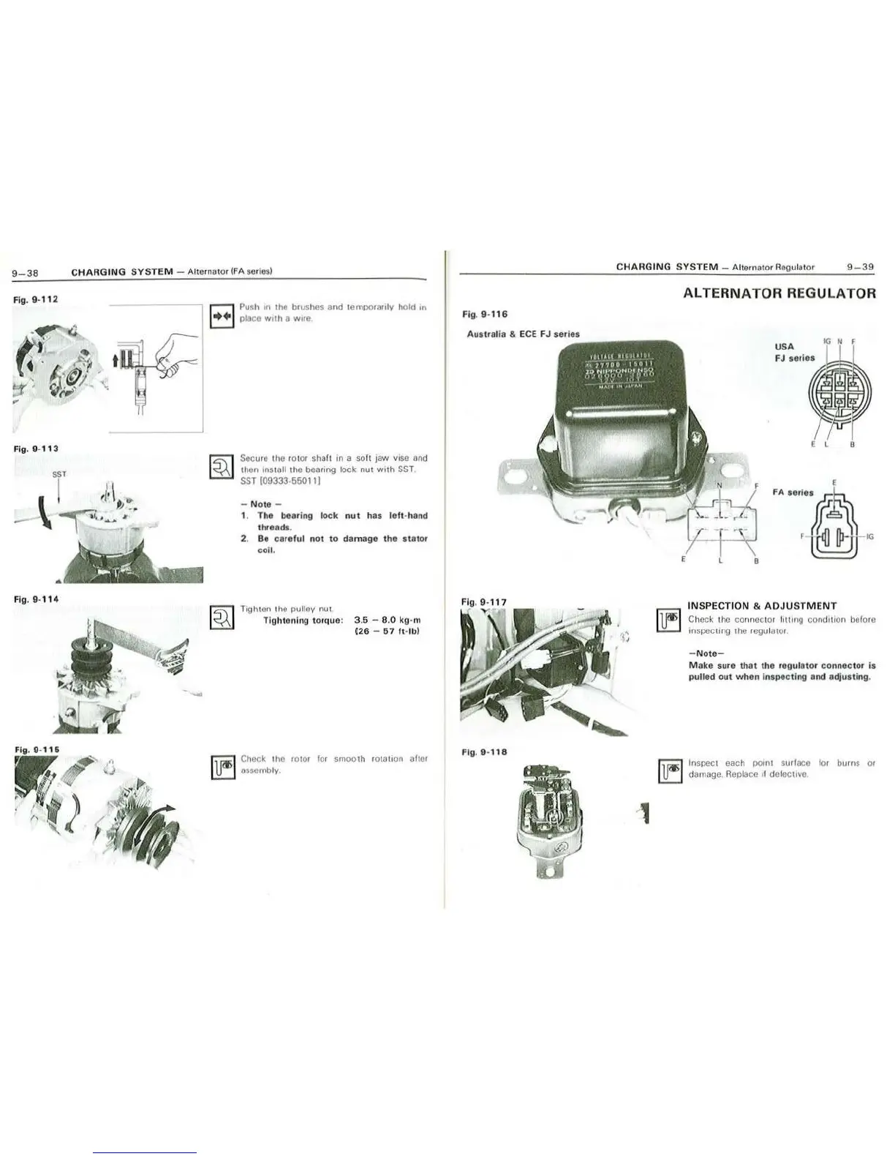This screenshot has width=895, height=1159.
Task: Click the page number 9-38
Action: point(25,273)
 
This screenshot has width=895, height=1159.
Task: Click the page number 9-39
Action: point(861,267)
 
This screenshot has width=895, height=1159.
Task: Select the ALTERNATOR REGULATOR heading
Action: point(779,294)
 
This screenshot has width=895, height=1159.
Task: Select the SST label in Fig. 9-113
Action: point(59,474)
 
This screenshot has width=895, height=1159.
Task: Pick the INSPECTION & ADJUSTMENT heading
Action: point(762,606)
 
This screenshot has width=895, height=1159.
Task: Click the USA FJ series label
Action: point(793,352)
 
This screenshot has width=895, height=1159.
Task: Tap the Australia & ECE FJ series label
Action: point(523,334)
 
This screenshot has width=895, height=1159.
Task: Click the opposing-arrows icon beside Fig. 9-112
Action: point(222,317)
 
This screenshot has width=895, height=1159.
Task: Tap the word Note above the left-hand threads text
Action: point(260,504)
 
